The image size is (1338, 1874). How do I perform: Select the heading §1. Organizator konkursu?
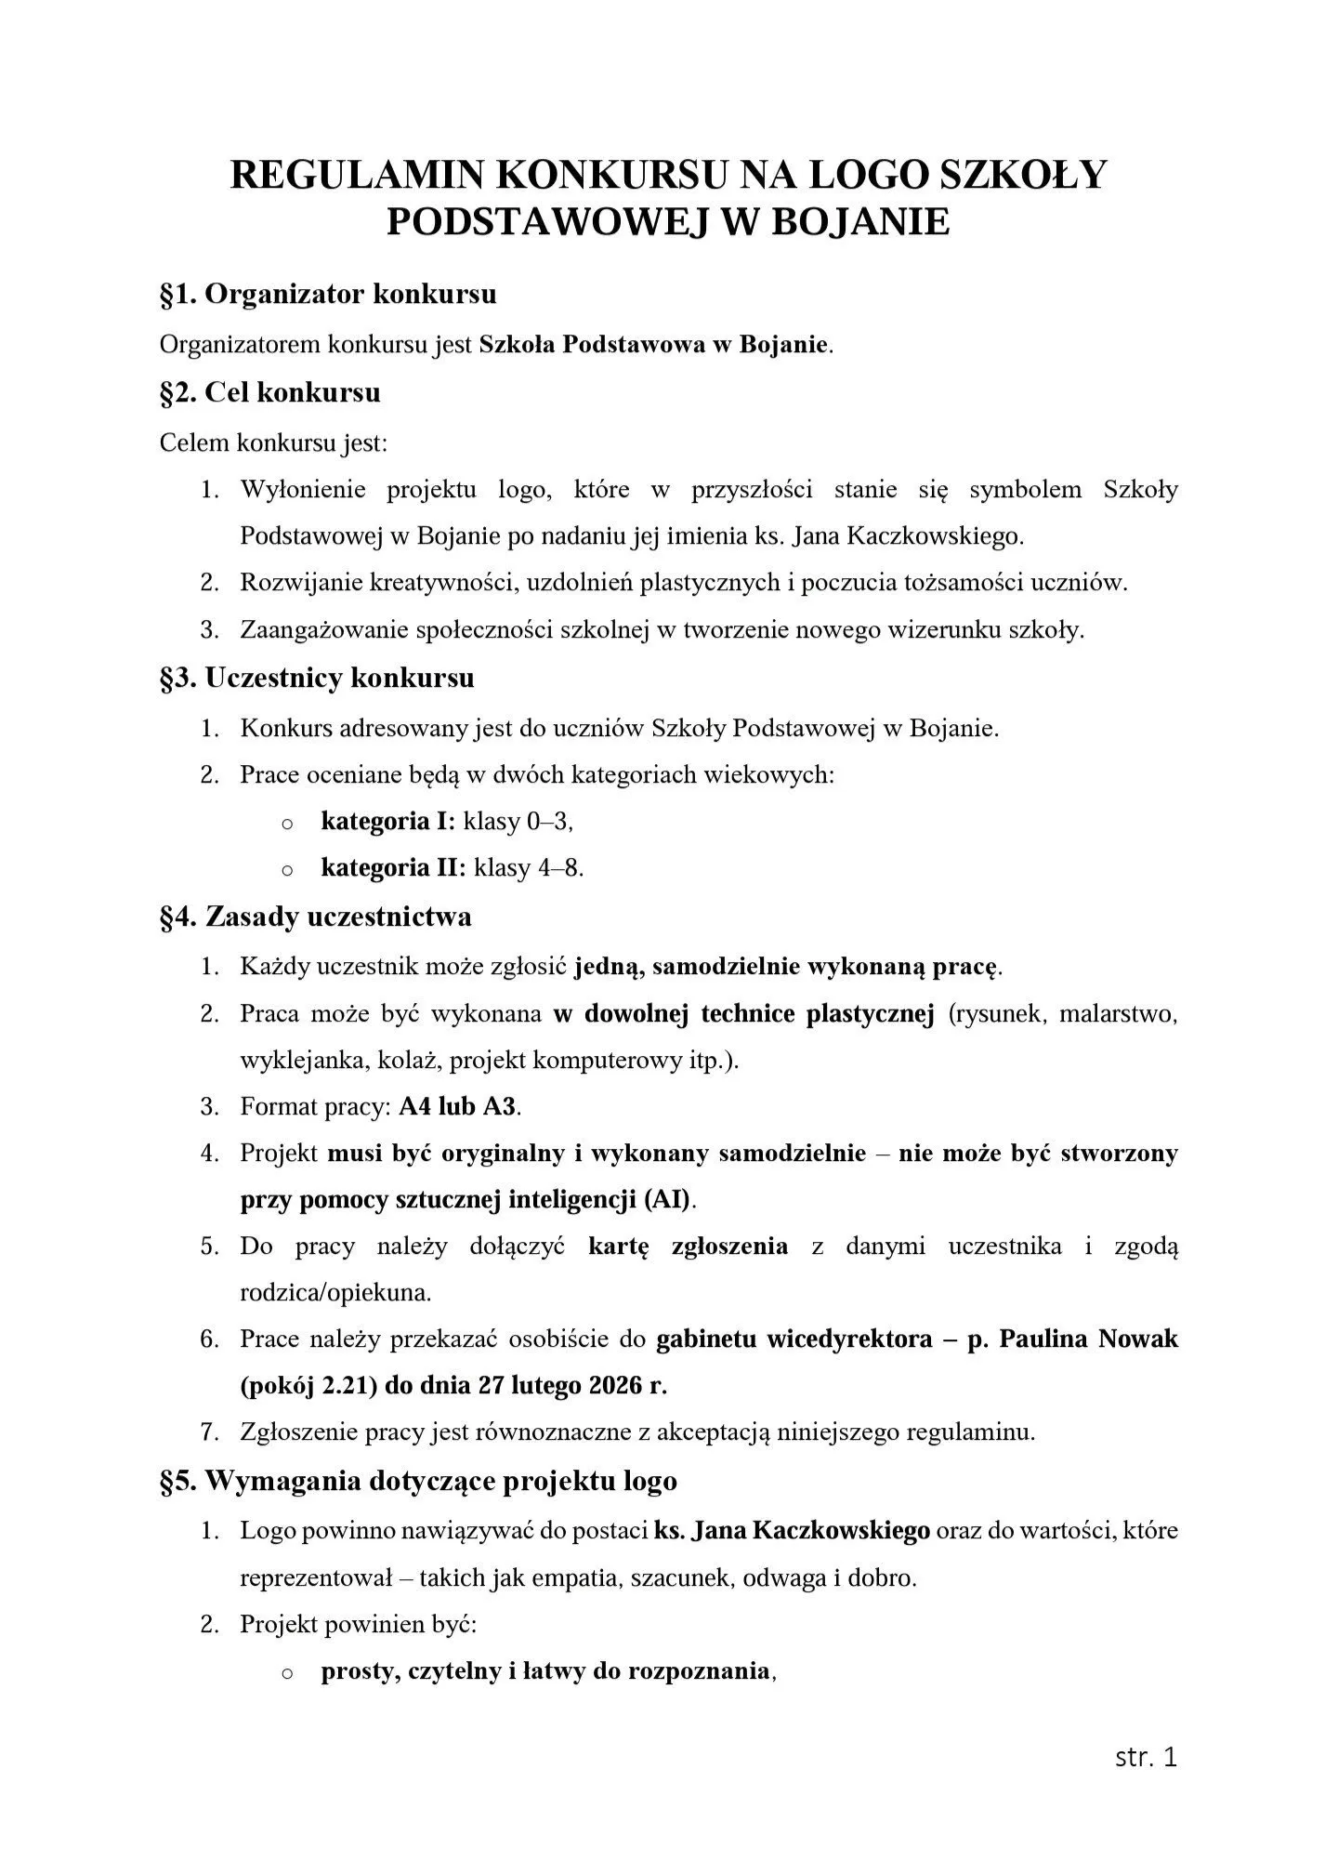point(328,294)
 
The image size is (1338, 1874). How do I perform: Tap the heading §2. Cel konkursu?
point(270,392)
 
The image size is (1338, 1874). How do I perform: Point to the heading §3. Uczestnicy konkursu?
point(317,678)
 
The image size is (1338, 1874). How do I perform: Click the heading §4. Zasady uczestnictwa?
point(315,917)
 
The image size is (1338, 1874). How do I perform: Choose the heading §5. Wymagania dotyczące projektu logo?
point(418,1481)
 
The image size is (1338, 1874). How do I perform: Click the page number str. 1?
point(1146,1757)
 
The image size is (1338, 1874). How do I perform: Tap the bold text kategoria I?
point(388,821)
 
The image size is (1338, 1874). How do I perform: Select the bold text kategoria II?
point(393,868)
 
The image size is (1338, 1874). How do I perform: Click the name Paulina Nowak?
point(1088,1339)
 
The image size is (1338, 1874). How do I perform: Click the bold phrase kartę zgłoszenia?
point(688,1246)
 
